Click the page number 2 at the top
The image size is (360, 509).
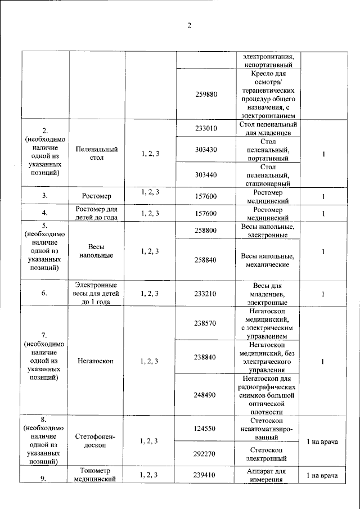[190, 25]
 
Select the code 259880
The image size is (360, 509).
[205, 93]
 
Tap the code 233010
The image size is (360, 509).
[205, 128]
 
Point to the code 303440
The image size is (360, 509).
[205, 175]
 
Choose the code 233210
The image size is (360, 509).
[205, 293]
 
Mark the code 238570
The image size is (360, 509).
[205, 323]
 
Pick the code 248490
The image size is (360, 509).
[205, 395]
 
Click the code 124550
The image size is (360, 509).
[205, 429]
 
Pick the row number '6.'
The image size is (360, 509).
[44, 293]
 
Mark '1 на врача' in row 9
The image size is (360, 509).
[322, 476]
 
